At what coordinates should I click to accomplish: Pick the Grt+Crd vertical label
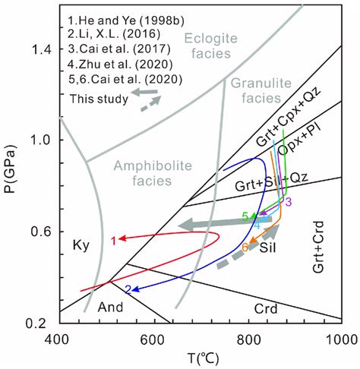coord(321,244)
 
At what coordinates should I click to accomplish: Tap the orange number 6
coord(245,248)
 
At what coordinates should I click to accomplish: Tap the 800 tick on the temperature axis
coord(247,339)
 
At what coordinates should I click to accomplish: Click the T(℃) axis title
coord(200,357)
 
